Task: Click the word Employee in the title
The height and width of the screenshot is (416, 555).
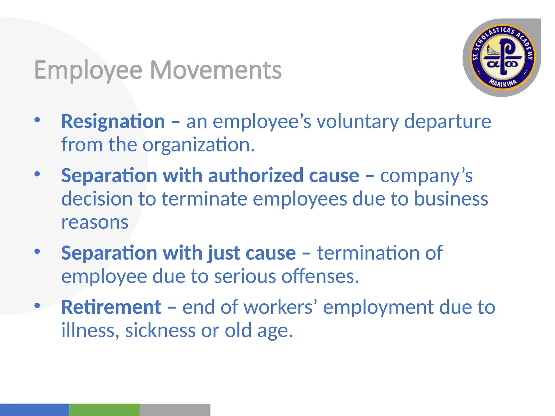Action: (88, 70)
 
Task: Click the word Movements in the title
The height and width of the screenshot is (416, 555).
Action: (216, 70)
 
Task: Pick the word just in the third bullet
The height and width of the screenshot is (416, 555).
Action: (224, 253)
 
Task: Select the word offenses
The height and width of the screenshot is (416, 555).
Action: (320, 276)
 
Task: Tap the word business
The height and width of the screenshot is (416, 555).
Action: (451, 199)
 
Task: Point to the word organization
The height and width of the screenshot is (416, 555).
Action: (199, 145)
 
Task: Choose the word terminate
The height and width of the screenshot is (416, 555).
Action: (205, 199)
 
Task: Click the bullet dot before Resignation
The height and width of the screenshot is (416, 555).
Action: (37, 120)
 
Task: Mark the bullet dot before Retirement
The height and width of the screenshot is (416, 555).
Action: (37, 305)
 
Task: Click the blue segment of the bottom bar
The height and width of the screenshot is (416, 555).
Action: (34, 409)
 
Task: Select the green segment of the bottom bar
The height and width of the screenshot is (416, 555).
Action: (104, 409)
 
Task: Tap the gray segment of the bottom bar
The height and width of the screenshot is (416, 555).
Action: (175, 409)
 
